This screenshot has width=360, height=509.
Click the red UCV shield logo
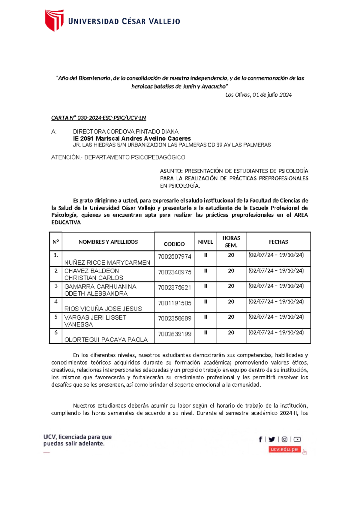tap(54, 20)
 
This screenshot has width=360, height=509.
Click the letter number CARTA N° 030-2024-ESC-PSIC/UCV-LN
tap(98, 118)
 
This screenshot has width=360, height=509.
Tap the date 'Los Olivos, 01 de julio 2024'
tap(258, 95)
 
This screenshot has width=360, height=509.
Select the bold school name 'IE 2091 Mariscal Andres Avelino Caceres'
tap(132, 138)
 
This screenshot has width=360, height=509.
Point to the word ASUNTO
tap(171, 171)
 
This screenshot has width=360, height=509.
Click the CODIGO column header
tap(174, 244)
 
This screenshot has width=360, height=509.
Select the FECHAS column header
tap(278, 242)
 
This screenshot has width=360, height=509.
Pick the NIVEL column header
tap(205, 242)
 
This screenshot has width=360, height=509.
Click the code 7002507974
tap(175, 257)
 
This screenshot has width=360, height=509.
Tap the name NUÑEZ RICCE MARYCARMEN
tap(107, 263)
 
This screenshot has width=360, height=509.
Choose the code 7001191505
tap(175, 303)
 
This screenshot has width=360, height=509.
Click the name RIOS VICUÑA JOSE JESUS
tap(103, 309)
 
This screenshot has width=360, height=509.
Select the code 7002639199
tap(175, 334)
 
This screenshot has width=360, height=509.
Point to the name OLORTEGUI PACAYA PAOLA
tap(106, 340)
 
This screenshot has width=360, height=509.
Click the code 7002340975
tap(175, 272)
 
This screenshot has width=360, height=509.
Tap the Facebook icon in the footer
tap(260, 439)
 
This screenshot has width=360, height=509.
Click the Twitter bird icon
tap(272, 439)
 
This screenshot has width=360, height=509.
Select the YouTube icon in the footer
tap(297, 439)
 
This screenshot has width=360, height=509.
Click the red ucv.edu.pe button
tap(284, 449)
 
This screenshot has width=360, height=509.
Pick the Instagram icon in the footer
tap(284, 439)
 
